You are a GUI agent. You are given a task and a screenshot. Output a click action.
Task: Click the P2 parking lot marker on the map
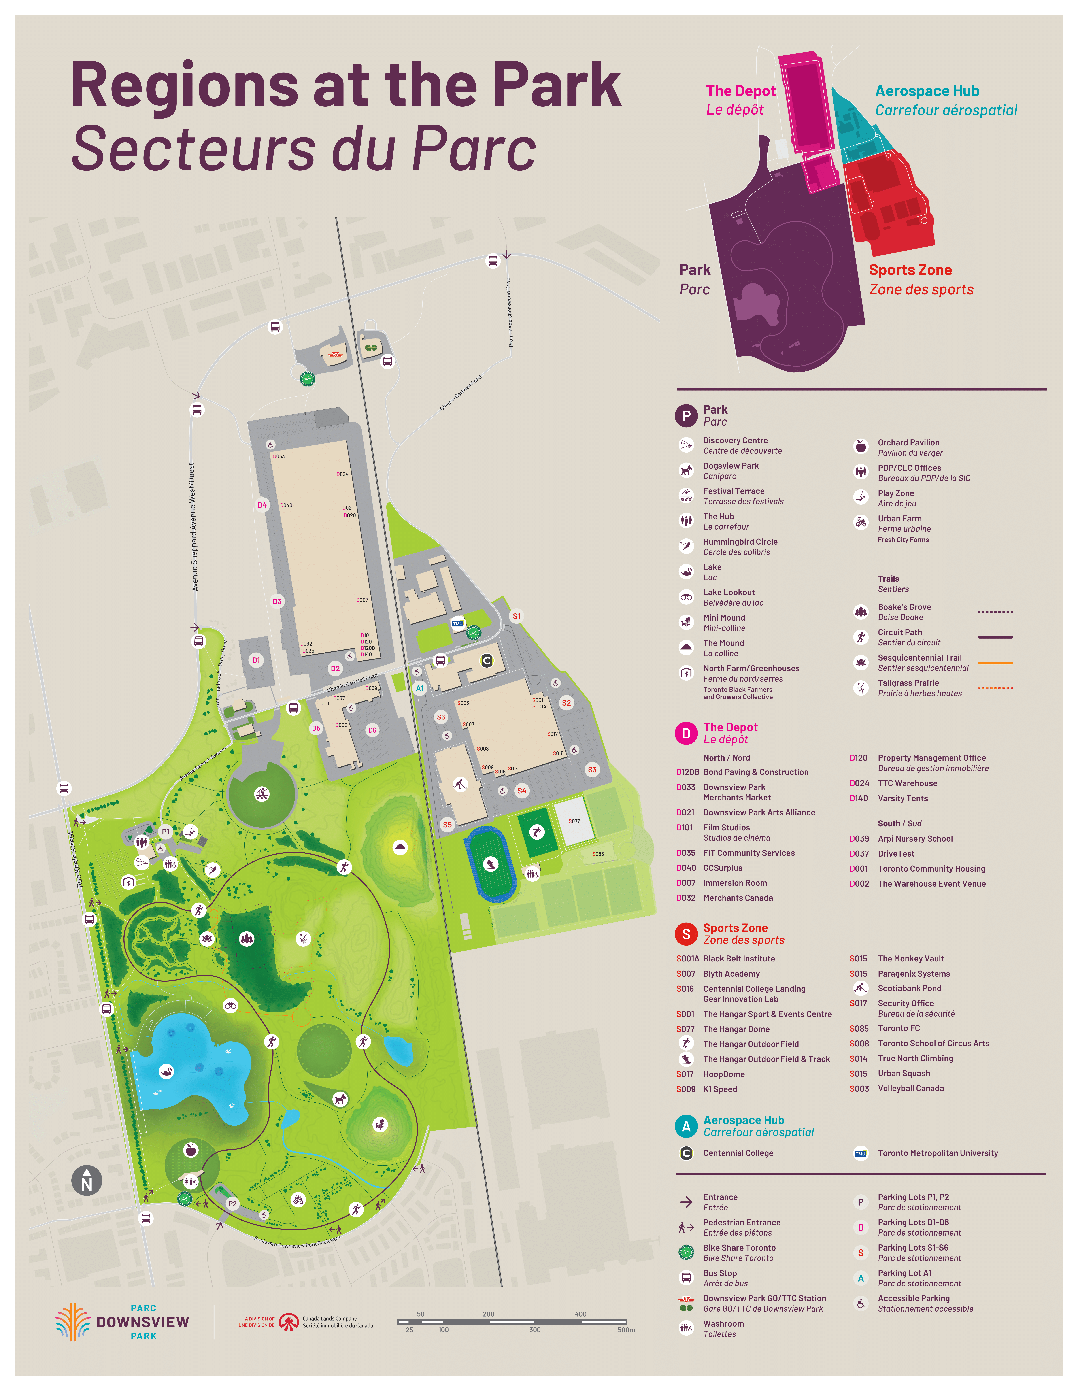pos(232,1204)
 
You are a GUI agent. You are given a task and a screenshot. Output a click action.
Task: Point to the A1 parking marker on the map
pos(420,688)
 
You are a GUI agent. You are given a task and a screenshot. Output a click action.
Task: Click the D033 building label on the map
pos(279,457)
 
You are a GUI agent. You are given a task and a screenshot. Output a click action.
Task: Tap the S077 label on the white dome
pos(574,821)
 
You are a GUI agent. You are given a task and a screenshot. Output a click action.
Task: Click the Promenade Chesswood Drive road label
pos(509,312)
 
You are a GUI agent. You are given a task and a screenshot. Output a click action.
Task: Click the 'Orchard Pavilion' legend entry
pos(908,443)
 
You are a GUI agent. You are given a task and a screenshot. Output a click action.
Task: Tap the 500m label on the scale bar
pos(626,1330)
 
